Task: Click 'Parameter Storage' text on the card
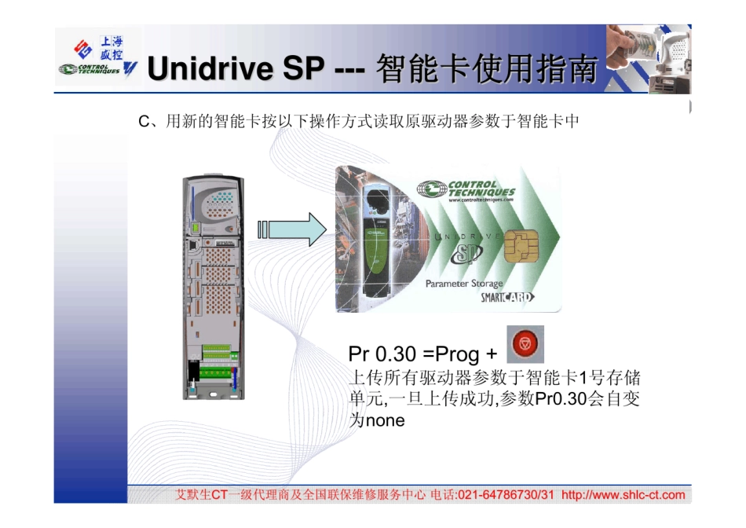point(464,284)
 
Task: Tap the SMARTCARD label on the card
point(507,297)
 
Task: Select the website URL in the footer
point(623,495)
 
